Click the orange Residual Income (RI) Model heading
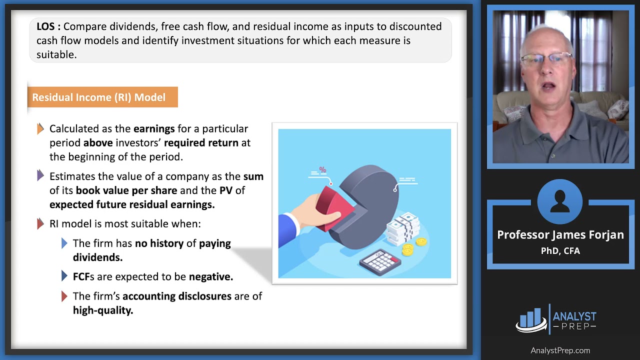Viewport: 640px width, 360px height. [102, 97]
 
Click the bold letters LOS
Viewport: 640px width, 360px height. [48, 26]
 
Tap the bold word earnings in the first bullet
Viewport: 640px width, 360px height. [154, 129]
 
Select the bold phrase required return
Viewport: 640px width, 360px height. [201, 143]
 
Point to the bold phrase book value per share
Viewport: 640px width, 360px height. [126, 190]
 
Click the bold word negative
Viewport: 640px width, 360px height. [210, 276]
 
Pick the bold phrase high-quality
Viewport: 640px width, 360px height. [103, 310]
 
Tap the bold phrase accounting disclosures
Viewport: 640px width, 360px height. [177, 296]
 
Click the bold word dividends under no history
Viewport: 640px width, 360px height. [97, 257]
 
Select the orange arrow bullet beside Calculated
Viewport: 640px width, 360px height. [40, 129]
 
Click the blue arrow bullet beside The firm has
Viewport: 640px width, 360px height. [64, 243]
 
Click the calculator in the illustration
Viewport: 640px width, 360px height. [381, 261]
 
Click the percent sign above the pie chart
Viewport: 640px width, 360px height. [322, 169]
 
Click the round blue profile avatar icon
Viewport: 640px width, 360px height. [560, 202]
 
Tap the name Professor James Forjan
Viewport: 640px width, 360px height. [560, 235]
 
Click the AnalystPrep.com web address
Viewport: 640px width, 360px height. [560, 350]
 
